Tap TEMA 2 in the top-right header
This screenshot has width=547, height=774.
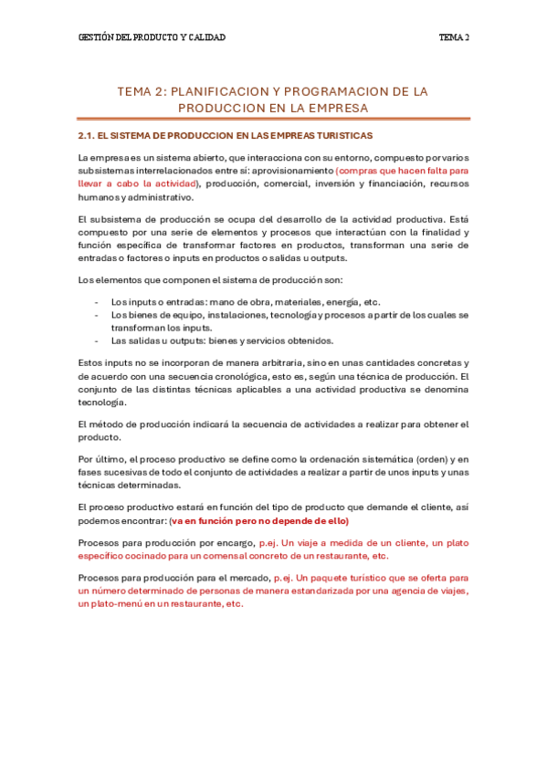(x=454, y=37)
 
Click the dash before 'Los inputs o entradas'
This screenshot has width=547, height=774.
(x=97, y=302)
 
